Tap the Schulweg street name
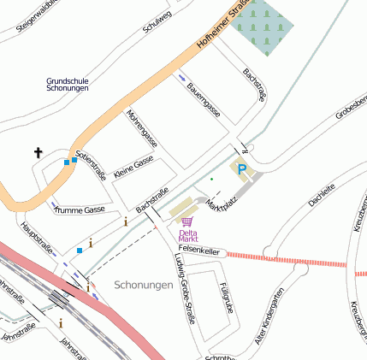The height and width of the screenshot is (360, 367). (x=157, y=25)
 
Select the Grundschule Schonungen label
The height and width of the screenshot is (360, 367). (x=68, y=86)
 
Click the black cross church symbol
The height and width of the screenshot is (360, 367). (x=38, y=153)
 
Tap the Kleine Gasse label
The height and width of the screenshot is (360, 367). (x=133, y=162)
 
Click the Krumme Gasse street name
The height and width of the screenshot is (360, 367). (x=79, y=210)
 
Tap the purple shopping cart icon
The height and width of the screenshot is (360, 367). (x=187, y=221)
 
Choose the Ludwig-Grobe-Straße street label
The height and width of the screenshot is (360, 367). (x=185, y=287)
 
